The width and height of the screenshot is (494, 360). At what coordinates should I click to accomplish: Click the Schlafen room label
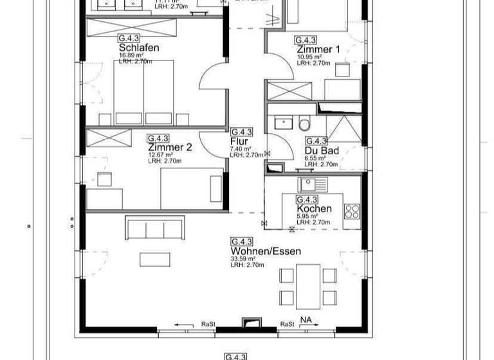point(139,48)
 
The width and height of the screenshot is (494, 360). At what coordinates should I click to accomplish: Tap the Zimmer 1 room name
point(318,50)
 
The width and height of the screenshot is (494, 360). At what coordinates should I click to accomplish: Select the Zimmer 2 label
point(170,147)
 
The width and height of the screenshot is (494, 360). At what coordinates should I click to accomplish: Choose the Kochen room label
point(314,209)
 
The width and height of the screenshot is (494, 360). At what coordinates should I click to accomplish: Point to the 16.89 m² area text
point(130,55)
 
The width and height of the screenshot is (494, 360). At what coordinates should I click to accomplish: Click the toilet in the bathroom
point(304,123)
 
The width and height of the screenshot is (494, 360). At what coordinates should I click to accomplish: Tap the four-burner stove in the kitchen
point(352,211)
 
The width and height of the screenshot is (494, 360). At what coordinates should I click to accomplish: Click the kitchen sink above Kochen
point(313,184)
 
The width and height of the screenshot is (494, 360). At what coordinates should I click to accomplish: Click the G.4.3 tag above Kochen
point(307,200)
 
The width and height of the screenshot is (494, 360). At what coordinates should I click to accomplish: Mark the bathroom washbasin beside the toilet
point(283,122)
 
